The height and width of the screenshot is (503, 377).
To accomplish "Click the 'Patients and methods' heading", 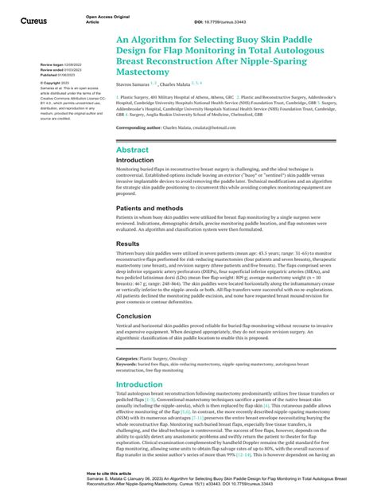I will coord(152,207).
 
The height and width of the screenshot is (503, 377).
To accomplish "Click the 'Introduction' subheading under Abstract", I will coord(135,160).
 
